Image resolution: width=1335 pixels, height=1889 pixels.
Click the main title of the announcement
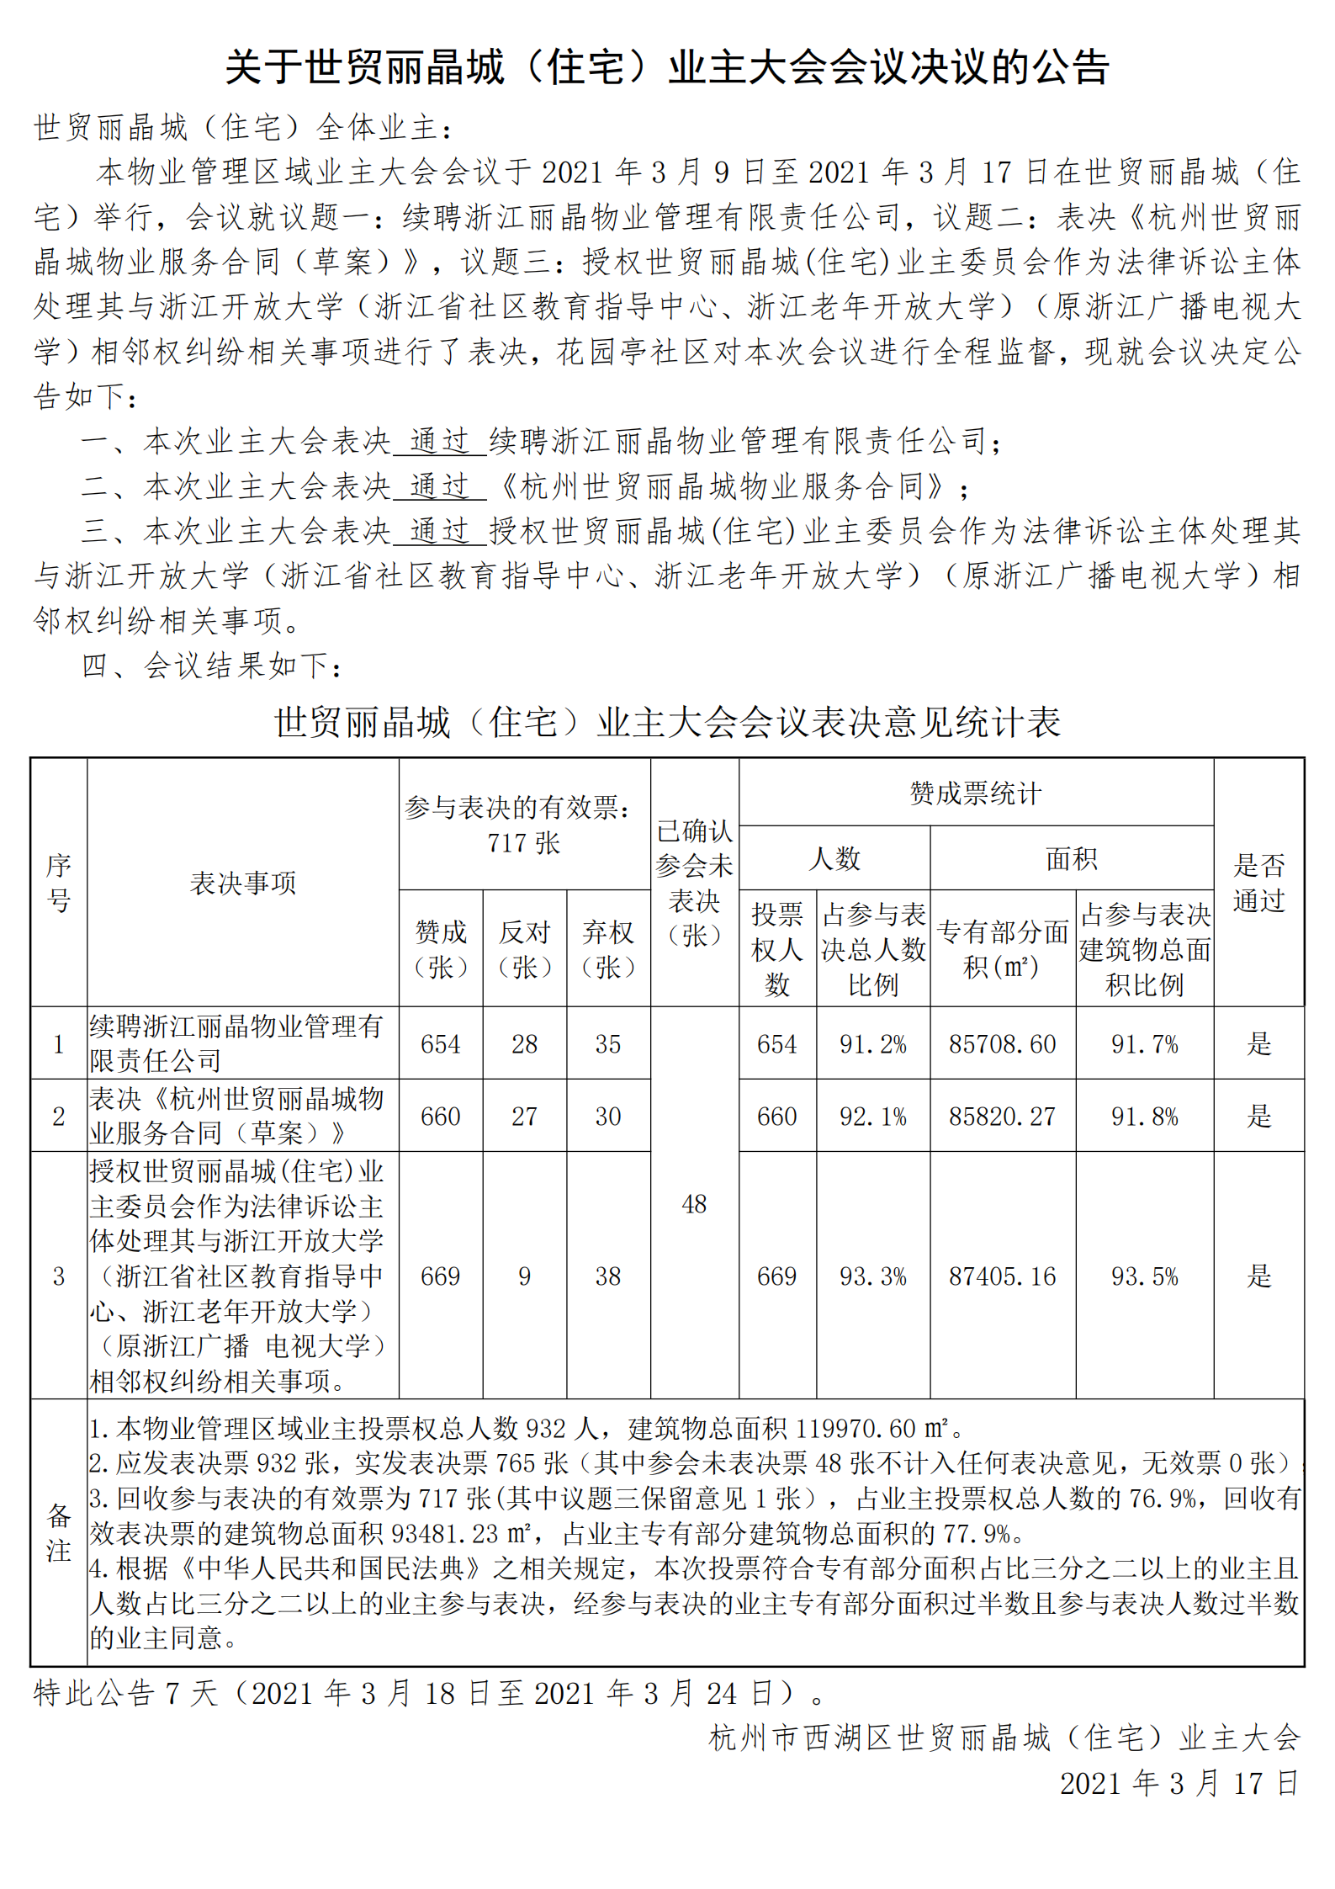coord(667,67)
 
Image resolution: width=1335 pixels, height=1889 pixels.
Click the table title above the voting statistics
coord(667,722)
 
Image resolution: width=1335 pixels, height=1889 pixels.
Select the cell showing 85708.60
coord(1002,1044)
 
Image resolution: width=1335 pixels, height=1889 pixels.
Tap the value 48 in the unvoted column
coord(694,1204)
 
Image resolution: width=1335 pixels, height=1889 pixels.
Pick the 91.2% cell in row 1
coord(872,1044)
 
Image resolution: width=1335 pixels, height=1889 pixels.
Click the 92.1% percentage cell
coord(872,1117)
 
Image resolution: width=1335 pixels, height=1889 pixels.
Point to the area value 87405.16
coord(1002,1276)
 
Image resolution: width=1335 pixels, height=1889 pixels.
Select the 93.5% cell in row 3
coord(1144,1276)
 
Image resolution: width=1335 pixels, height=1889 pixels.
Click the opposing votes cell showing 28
coord(524,1044)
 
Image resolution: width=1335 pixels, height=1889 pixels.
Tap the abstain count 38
coord(607,1276)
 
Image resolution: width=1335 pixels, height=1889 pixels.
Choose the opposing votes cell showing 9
coord(524,1276)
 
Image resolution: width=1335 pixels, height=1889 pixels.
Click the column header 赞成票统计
coord(976,793)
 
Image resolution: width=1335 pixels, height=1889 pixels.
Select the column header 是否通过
coord(1258,883)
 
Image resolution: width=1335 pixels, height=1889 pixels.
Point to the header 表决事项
coord(242,883)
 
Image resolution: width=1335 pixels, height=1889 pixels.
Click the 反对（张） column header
coord(524,949)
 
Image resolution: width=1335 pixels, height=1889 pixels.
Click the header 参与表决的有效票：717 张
coord(523,825)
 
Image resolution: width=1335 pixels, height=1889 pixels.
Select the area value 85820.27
coord(1002,1117)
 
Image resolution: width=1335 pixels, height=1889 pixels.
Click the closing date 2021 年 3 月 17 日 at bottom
coord(1179,1783)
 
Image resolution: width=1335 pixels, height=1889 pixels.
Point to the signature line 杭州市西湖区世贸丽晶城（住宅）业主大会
coord(1004,1737)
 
